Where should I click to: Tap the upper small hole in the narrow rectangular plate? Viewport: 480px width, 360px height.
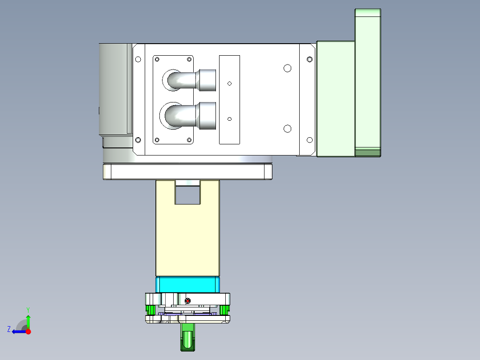pos(230,83)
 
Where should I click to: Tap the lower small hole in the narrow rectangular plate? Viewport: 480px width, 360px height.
pos(230,119)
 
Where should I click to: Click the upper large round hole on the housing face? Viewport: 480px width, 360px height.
pos(287,68)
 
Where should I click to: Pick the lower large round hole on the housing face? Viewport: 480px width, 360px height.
pos(287,129)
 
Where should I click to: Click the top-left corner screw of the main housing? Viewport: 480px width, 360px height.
pos(138,59)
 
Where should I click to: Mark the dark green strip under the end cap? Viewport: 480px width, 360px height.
pos(368,153)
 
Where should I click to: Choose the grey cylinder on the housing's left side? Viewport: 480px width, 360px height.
pos(115,89)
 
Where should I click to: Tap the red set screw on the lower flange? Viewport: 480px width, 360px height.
pos(187,301)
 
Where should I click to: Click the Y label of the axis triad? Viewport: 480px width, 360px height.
pos(28,309)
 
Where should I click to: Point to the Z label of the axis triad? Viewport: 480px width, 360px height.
pos(9,329)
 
